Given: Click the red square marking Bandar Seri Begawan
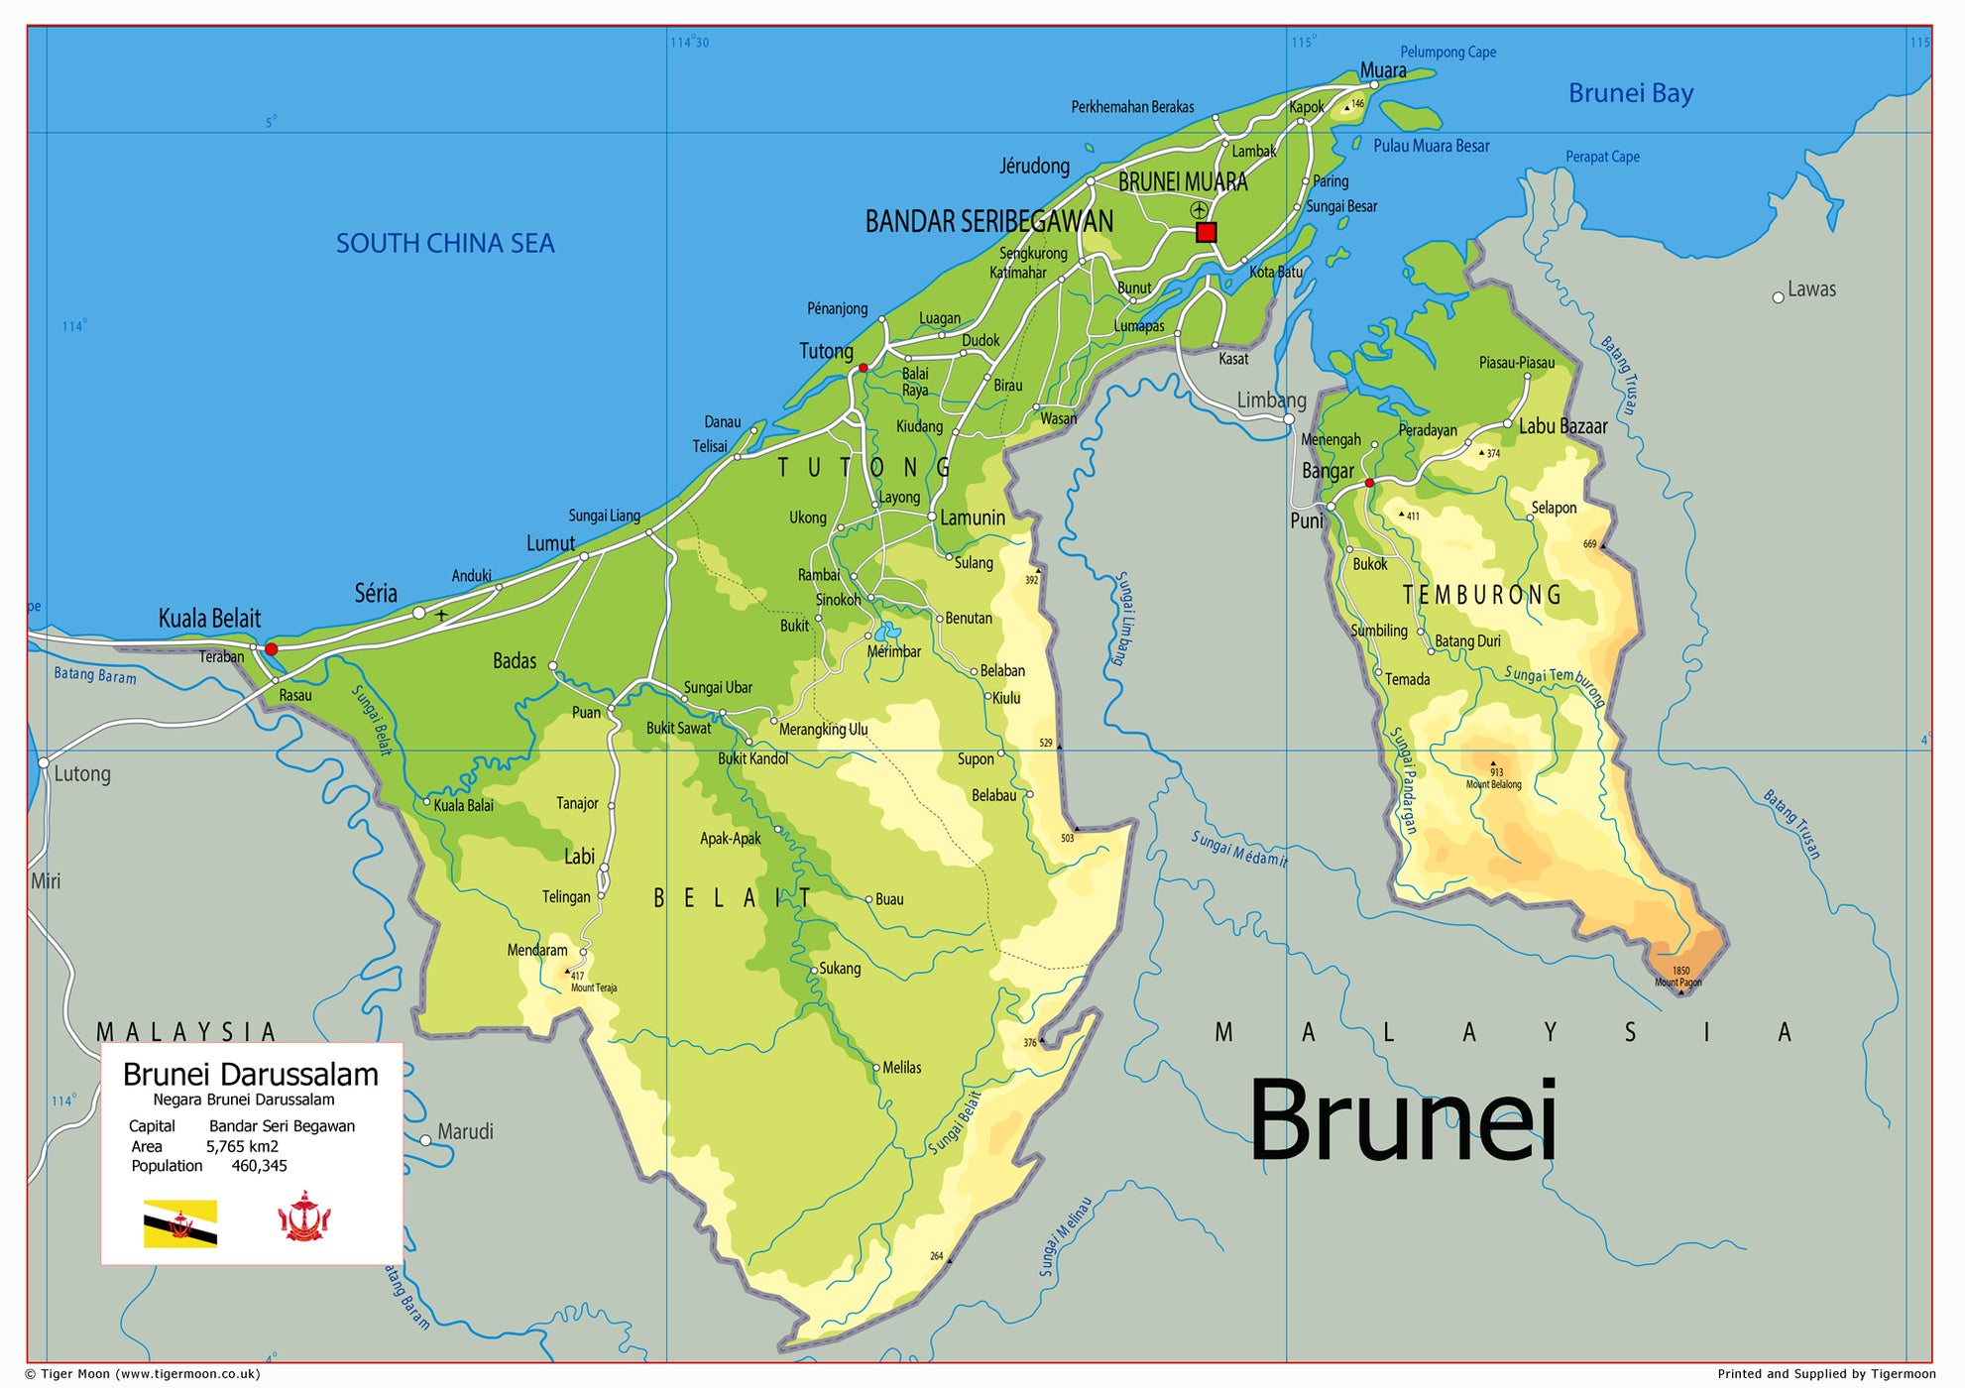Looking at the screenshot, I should tap(1206, 232).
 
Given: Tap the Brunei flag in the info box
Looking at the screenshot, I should tap(180, 1223).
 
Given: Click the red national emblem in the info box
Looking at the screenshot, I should tap(303, 1217).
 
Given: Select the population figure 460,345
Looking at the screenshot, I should tap(259, 1166).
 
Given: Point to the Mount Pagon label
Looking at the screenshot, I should tap(1677, 983).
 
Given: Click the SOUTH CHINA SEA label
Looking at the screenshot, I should tap(445, 243).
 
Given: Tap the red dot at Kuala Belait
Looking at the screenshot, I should tap(271, 649).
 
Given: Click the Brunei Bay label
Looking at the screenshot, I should tap(1630, 93).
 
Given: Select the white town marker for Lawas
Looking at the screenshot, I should tap(1778, 297).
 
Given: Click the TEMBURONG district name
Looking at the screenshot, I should tap(1482, 595).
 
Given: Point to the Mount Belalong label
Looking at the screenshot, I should tap(1493, 784).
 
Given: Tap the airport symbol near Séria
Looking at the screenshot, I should tap(441, 615).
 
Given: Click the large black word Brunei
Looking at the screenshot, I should tap(1402, 1120).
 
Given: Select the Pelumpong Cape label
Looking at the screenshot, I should tap(1447, 53).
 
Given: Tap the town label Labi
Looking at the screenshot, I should tap(579, 857).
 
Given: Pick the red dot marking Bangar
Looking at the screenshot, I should tap(1369, 483).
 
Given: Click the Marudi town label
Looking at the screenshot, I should tap(465, 1131).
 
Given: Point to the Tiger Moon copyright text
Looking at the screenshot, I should tap(143, 1373).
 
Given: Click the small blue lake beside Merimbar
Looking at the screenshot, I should tap(885, 632).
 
